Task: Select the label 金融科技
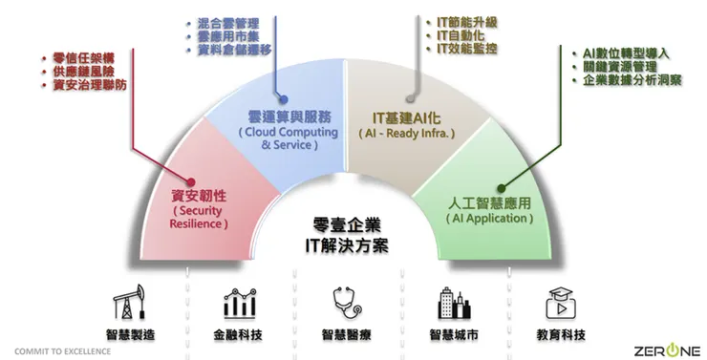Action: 239,334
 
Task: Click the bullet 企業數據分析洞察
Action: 633,81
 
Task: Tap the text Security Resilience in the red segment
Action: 200,217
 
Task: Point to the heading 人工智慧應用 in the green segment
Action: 487,203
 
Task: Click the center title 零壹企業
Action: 346,226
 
